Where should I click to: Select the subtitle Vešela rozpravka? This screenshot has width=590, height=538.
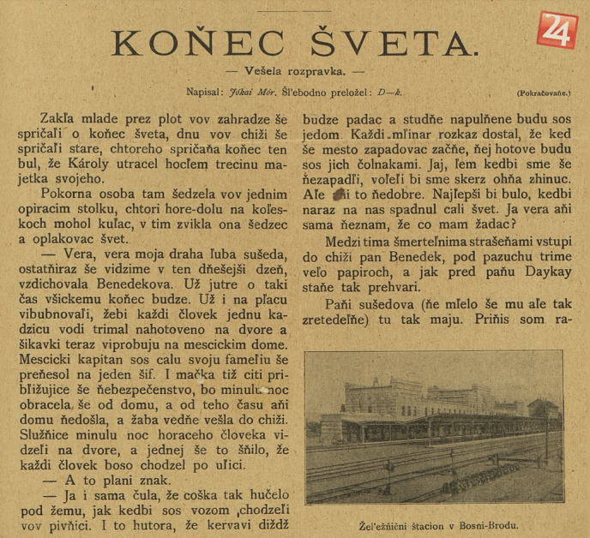click(x=294, y=73)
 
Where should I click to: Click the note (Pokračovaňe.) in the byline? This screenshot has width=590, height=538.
click(x=543, y=93)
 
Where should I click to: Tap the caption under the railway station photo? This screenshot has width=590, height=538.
click(x=434, y=526)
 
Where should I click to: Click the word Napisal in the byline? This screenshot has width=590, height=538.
click(x=206, y=92)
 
